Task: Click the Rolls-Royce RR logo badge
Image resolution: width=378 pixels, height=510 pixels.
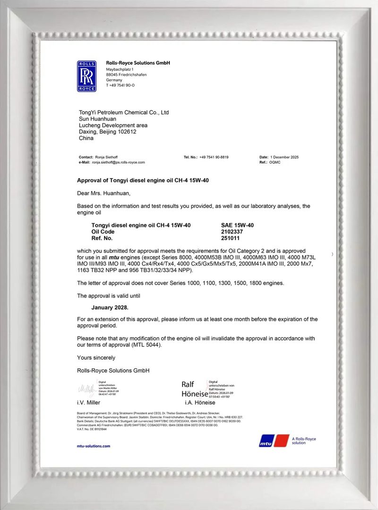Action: [x=86, y=76]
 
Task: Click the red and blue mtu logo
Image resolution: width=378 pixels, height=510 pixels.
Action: [x=274, y=440]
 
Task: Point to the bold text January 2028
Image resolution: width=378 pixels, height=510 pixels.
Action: [x=103, y=307]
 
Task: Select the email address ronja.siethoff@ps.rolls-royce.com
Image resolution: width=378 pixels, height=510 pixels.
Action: [x=118, y=162]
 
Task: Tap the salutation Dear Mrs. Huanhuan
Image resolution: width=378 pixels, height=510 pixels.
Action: [x=103, y=193]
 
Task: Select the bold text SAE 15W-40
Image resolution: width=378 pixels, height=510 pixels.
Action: [x=237, y=226]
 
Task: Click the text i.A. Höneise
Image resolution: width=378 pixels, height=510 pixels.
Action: [x=200, y=402]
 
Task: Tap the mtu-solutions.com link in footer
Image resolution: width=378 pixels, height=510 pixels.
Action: [x=93, y=446]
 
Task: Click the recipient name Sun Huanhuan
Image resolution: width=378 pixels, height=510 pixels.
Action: [x=98, y=119]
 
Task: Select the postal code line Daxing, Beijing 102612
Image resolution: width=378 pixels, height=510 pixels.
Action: [x=107, y=132]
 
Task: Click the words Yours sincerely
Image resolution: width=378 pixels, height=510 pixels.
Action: [x=96, y=358]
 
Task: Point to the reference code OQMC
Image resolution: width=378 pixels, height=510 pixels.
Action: [x=275, y=162]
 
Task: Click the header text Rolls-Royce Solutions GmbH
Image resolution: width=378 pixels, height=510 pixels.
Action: [x=137, y=63]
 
